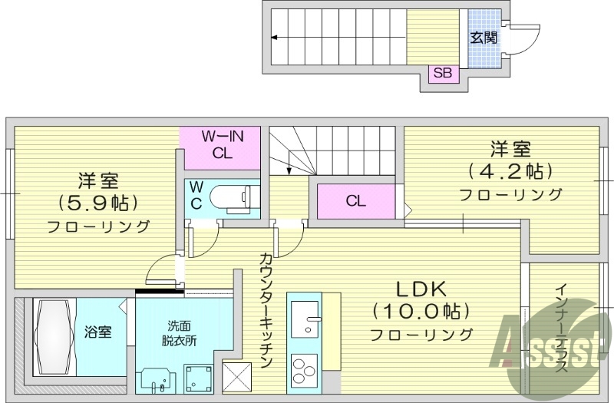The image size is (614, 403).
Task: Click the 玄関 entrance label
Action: point(483,37)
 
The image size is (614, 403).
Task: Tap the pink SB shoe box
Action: point(443,74)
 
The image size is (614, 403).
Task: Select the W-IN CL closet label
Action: point(223,144)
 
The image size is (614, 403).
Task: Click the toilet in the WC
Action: point(230,197)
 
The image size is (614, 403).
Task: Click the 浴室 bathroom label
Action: point(98,332)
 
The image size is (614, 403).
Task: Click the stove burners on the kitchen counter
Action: point(305,366)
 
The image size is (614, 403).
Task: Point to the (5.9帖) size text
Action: point(97,203)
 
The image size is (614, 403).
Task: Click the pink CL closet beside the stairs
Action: point(355,202)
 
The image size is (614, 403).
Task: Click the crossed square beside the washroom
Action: point(237,375)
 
